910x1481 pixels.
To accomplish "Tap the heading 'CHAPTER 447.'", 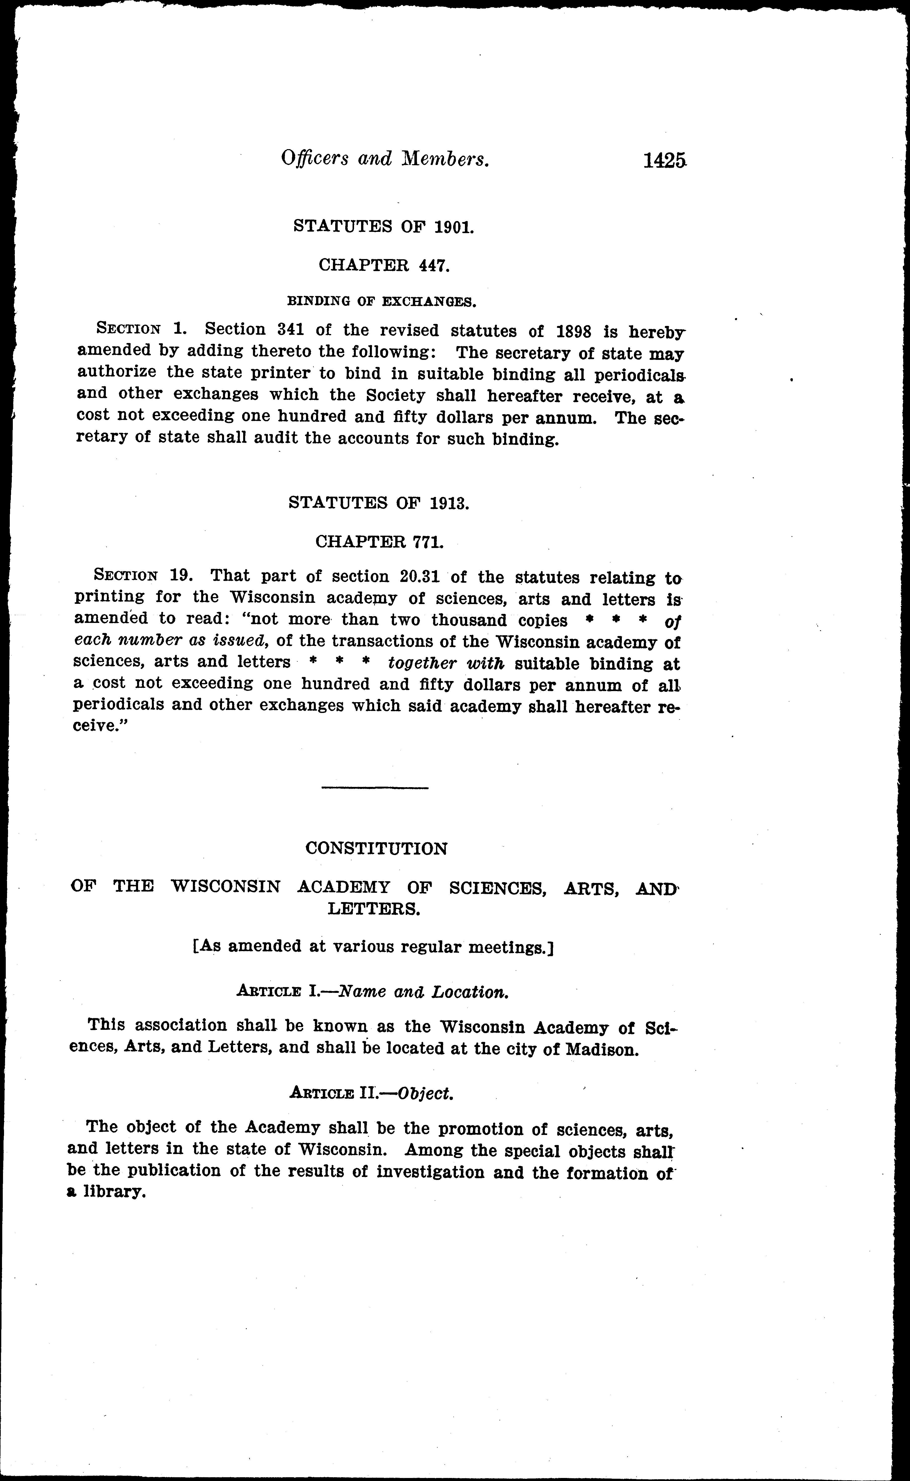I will point(384,265).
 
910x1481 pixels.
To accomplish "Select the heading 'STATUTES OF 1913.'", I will point(379,502).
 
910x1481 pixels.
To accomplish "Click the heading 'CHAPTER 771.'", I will point(380,541).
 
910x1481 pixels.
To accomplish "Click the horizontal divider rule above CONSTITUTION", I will point(374,788).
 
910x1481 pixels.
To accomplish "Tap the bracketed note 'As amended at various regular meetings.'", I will point(373,947).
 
